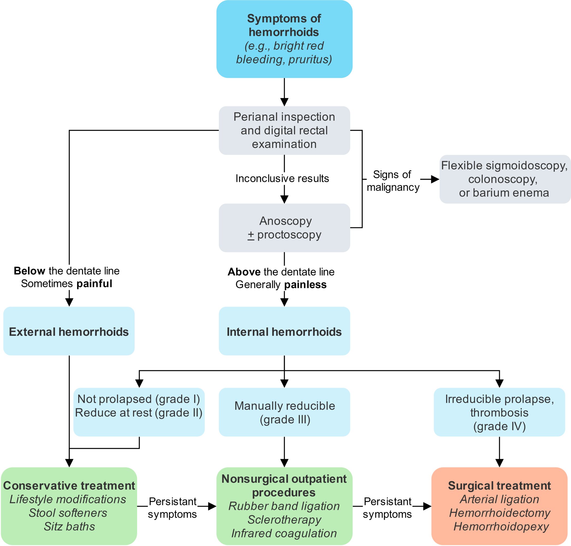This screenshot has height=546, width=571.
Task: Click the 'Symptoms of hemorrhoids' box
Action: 284,39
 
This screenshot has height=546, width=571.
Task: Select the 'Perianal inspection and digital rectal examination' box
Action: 284,130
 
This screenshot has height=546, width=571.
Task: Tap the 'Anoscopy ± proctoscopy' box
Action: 284,228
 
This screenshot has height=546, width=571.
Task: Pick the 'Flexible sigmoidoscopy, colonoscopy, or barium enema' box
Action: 505,179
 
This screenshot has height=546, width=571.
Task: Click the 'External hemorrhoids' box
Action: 69,331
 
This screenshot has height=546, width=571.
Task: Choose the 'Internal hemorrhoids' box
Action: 284,331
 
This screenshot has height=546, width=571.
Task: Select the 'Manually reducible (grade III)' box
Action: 284,412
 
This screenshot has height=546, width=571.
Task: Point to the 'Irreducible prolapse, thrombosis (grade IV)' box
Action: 499,412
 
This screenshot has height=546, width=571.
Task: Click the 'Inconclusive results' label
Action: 282,178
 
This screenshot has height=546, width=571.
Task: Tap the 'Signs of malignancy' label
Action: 393,181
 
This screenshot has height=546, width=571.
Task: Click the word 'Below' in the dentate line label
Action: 29,271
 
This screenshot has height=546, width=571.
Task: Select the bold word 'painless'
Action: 305,284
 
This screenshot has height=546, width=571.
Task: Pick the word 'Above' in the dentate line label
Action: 244,272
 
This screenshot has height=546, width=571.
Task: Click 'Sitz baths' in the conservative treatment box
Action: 69,527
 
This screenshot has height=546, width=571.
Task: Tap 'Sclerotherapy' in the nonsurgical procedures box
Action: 284,520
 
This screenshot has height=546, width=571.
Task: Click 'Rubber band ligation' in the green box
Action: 284,506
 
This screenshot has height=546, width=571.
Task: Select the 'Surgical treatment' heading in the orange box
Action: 499,485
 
